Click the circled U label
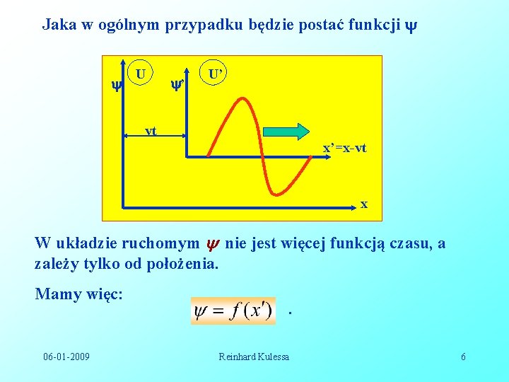click(x=141, y=74)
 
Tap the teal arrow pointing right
click(x=286, y=132)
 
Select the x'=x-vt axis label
click(x=344, y=149)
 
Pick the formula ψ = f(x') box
click(x=233, y=311)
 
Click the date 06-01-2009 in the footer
click(x=66, y=357)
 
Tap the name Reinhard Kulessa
click(x=254, y=357)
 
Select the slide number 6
click(x=463, y=357)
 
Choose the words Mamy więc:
click(x=79, y=294)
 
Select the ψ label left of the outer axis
click(x=116, y=86)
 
